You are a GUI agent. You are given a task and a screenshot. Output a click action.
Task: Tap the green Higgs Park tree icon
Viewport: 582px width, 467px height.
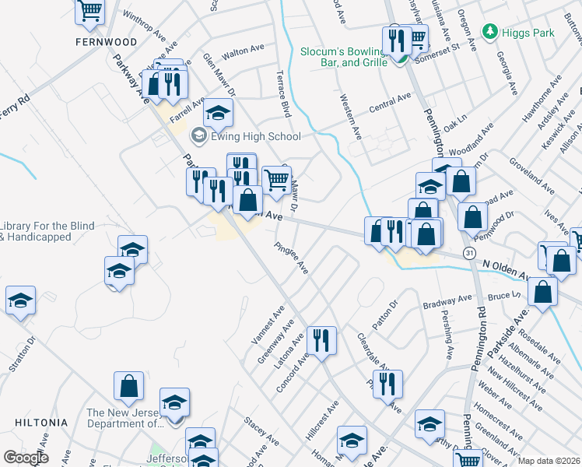(489, 32)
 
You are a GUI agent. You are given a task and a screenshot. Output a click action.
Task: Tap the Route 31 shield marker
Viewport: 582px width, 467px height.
(469, 253)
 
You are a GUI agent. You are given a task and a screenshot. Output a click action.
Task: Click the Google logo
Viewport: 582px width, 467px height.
(26, 458)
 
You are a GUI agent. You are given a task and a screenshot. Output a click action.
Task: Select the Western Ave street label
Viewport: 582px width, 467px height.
(350, 117)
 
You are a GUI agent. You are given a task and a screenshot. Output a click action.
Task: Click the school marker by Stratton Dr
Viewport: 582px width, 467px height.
(20, 300)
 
